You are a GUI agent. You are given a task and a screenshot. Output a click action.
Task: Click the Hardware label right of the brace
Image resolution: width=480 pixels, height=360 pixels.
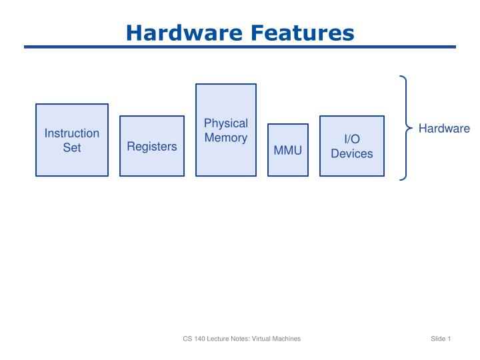[444, 129]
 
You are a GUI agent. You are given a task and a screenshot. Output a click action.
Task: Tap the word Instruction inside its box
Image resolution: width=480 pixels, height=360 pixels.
[72, 133]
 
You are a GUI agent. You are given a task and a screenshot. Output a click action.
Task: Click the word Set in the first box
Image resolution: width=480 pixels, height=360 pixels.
[72, 147]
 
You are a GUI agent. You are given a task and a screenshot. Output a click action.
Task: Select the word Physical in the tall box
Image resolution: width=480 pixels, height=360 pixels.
[225, 123]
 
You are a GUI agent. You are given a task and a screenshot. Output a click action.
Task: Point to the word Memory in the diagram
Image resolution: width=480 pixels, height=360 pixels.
[225, 138]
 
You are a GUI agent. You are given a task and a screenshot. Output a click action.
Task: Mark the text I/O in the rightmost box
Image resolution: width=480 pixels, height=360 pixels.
[352, 139]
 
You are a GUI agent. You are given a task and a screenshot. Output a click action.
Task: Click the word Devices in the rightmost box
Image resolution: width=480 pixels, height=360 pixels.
[352, 154]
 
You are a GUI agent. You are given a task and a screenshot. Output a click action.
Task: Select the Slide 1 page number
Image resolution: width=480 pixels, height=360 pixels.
[441, 339]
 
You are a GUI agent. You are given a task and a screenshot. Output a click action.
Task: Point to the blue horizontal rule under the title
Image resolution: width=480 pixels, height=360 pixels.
[240, 47]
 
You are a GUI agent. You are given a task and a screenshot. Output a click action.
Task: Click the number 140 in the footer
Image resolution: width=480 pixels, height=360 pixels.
[199, 339]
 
